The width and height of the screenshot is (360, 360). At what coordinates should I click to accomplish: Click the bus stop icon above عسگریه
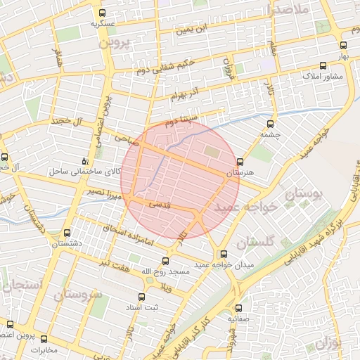[x=103, y=13]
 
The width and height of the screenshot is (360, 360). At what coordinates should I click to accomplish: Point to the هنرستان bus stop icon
[x=240, y=162]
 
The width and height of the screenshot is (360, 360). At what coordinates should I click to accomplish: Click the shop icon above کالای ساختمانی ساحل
[x=85, y=161]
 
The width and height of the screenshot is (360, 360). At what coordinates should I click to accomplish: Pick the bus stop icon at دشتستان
[x=67, y=233]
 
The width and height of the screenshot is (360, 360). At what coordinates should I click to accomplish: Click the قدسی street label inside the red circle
[x=157, y=204]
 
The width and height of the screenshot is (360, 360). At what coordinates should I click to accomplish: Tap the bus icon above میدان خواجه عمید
[x=224, y=254]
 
